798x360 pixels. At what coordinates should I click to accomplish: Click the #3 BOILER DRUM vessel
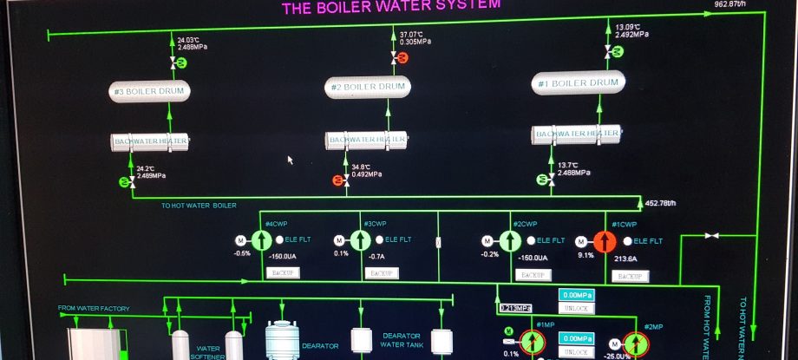pyautogui.click(x=150, y=91)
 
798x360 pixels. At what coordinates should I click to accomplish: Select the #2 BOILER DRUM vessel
pyautogui.click(x=368, y=87)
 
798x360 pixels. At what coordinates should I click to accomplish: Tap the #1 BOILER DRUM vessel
pyautogui.click(x=578, y=83)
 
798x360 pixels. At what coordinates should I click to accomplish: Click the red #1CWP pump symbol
pyautogui.click(x=605, y=241)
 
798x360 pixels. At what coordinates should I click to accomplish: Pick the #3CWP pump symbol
pyautogui.click(x=360, y=241)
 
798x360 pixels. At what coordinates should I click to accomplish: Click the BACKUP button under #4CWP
pyautogui.click(x=283, y=273)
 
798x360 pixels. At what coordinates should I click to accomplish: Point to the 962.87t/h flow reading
pyautogui.click(x=730, y=4)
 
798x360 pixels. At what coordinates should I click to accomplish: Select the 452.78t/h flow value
pyautogui.click(x=661, y=204)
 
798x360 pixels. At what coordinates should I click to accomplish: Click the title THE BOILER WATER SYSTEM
pyautogui.click(x=391, y=7)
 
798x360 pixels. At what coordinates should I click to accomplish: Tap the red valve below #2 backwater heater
pyautogui.click(x=338, y=180)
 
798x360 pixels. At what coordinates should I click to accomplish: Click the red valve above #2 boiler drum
pyautogui.click(x=403, y=56)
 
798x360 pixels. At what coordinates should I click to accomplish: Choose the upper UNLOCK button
pyautogui.click(x=576, y=309)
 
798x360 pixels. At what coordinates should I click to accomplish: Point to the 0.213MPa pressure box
pyautogui.click(x=515, y=307)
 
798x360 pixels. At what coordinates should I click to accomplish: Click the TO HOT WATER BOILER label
pyautogui.click(x=199, y=206)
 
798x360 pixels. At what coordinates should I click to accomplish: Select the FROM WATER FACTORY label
pyautogui.click(x=93, y=308)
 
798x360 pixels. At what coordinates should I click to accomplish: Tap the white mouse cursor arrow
pyautogui.click(x=291, y=160)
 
